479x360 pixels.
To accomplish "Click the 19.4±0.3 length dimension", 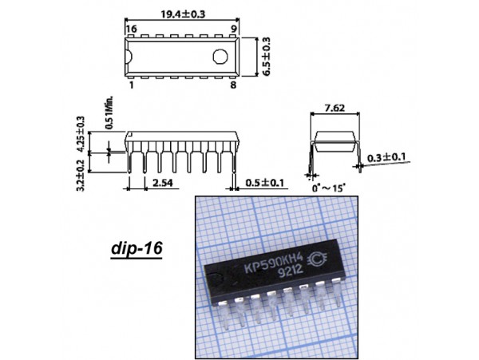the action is click(183, 14).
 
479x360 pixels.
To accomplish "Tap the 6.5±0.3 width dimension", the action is click(266, 57).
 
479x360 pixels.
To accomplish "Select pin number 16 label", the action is click(132, 29).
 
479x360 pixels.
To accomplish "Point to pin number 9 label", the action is click(233, 29).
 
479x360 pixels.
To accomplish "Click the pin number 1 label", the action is click(132, 85).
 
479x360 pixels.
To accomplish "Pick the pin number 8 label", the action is click(233, 85).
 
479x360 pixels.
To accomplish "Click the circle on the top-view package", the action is click(220, 57).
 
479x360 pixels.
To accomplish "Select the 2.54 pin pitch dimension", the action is click(163, 183).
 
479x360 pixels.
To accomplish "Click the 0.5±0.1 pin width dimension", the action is click(264, 183).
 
